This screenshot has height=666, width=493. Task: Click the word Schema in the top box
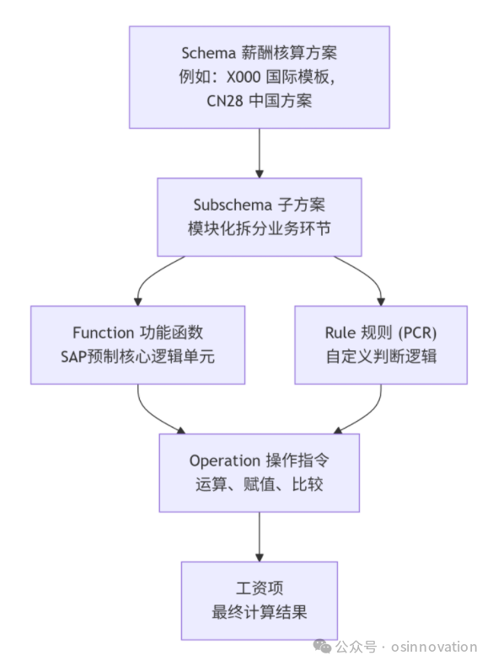(208, 53)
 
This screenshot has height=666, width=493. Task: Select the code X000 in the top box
(243, 77)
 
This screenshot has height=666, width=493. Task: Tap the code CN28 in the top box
(225, 101)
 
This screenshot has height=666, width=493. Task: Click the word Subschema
(233, 205)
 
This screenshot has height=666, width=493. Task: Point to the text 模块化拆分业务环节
(260, 228)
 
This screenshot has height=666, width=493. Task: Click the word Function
(104, 333)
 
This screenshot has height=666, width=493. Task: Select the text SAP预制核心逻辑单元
(137, 356)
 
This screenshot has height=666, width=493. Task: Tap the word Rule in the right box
(340, 333)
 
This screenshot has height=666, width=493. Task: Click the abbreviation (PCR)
(417, 333)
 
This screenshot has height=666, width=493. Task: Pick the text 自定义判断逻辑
(381, 356)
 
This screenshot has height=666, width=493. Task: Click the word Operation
(225, 461)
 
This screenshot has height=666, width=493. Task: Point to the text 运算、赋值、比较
(260, 484)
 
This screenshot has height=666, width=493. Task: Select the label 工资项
(260, 589)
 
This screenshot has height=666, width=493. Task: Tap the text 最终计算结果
(260, 612)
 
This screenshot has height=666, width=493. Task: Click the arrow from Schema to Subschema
(260, 153)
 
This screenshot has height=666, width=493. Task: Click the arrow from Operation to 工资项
(260, 537)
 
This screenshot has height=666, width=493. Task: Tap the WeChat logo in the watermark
(322, 647)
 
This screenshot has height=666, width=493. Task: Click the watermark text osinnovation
(434, 647)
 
